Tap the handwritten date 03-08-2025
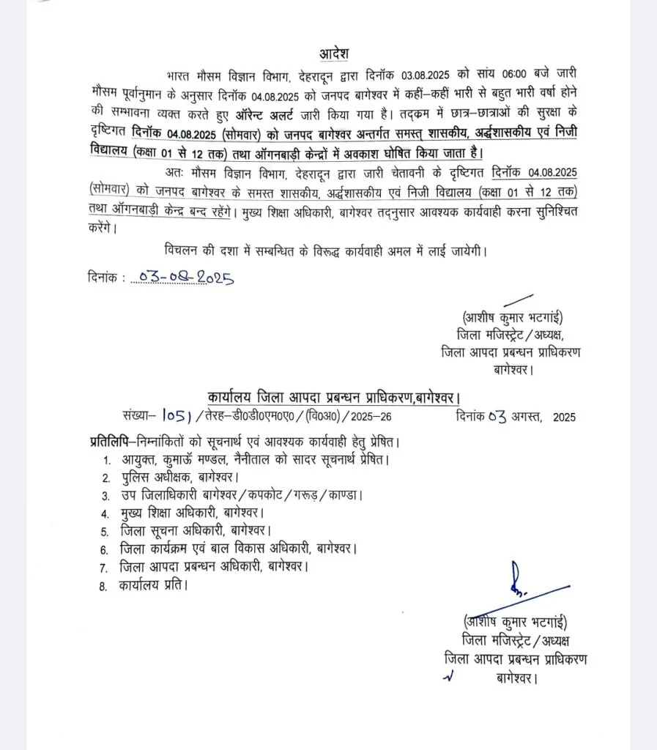click(x=182, y=278)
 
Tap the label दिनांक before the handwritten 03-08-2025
click(x=103, y=279)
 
